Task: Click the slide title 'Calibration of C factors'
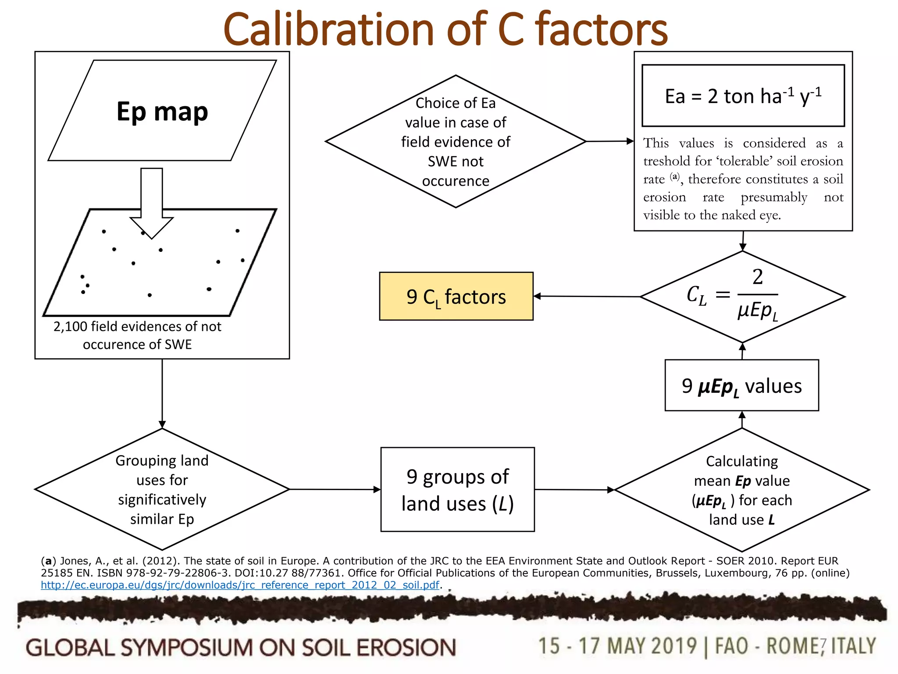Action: coord(445,29)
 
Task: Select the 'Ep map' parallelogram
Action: coord(162,111)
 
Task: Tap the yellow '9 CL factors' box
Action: coord(456,297)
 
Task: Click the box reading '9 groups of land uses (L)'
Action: coord(457,490)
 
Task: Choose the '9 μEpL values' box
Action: coord(741,386)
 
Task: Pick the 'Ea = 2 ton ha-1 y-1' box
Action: coord(743,96)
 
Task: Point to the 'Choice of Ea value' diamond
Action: coord(456,141)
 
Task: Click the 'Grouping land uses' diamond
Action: coord(162,489)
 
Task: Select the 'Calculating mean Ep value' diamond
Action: coord(741,490)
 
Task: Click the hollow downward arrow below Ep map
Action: coord(152,202)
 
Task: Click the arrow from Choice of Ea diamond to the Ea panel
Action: coord(610,141)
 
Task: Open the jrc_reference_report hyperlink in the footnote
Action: coord(240,585)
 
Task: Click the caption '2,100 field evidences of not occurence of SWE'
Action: coord(137,335)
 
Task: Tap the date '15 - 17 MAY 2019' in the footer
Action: coord(617,646)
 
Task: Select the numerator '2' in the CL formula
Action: coord(757,277)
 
